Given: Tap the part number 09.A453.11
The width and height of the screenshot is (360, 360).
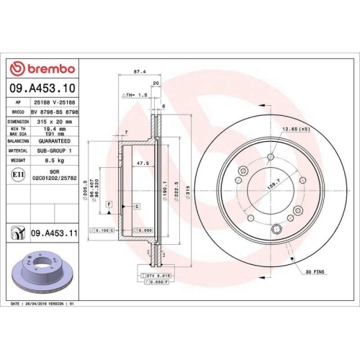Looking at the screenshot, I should [55, 233].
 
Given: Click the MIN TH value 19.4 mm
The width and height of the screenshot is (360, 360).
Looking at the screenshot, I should [47, 128].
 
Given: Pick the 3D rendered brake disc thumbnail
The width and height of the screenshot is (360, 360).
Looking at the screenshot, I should [36, 274].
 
